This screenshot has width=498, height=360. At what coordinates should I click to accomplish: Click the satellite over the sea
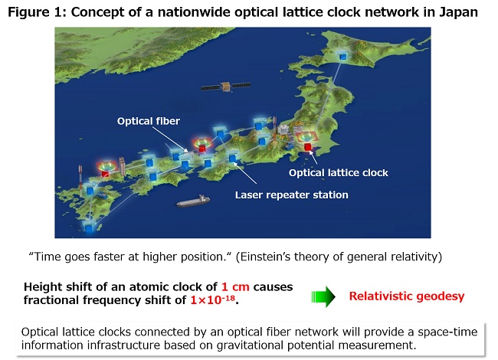tap(226, 87)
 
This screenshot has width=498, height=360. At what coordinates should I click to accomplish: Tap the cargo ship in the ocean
tap(193, 201)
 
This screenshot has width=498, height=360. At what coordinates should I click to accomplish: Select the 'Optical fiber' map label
tap(149, 121)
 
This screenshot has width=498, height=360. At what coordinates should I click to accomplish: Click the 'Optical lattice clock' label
tap(338, 172)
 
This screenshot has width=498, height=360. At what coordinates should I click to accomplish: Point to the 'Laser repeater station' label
tap(292, 195)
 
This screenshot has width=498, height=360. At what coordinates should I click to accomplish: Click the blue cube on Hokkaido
tap(343, 57)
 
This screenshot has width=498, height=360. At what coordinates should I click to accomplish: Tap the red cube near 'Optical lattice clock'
tap(307, 147)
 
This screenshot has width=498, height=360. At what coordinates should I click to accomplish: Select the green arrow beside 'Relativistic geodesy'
tap(323, 296)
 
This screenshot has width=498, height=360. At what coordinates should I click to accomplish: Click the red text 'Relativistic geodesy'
tap(407, 296)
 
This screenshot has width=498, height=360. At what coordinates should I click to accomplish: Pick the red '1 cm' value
tap(235, 286)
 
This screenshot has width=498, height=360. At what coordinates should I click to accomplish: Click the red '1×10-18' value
tap(212, 299)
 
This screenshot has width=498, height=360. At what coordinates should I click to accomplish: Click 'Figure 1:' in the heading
tap(37, 12)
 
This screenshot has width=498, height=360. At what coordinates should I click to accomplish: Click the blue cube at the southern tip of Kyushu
tap(90, 227)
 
